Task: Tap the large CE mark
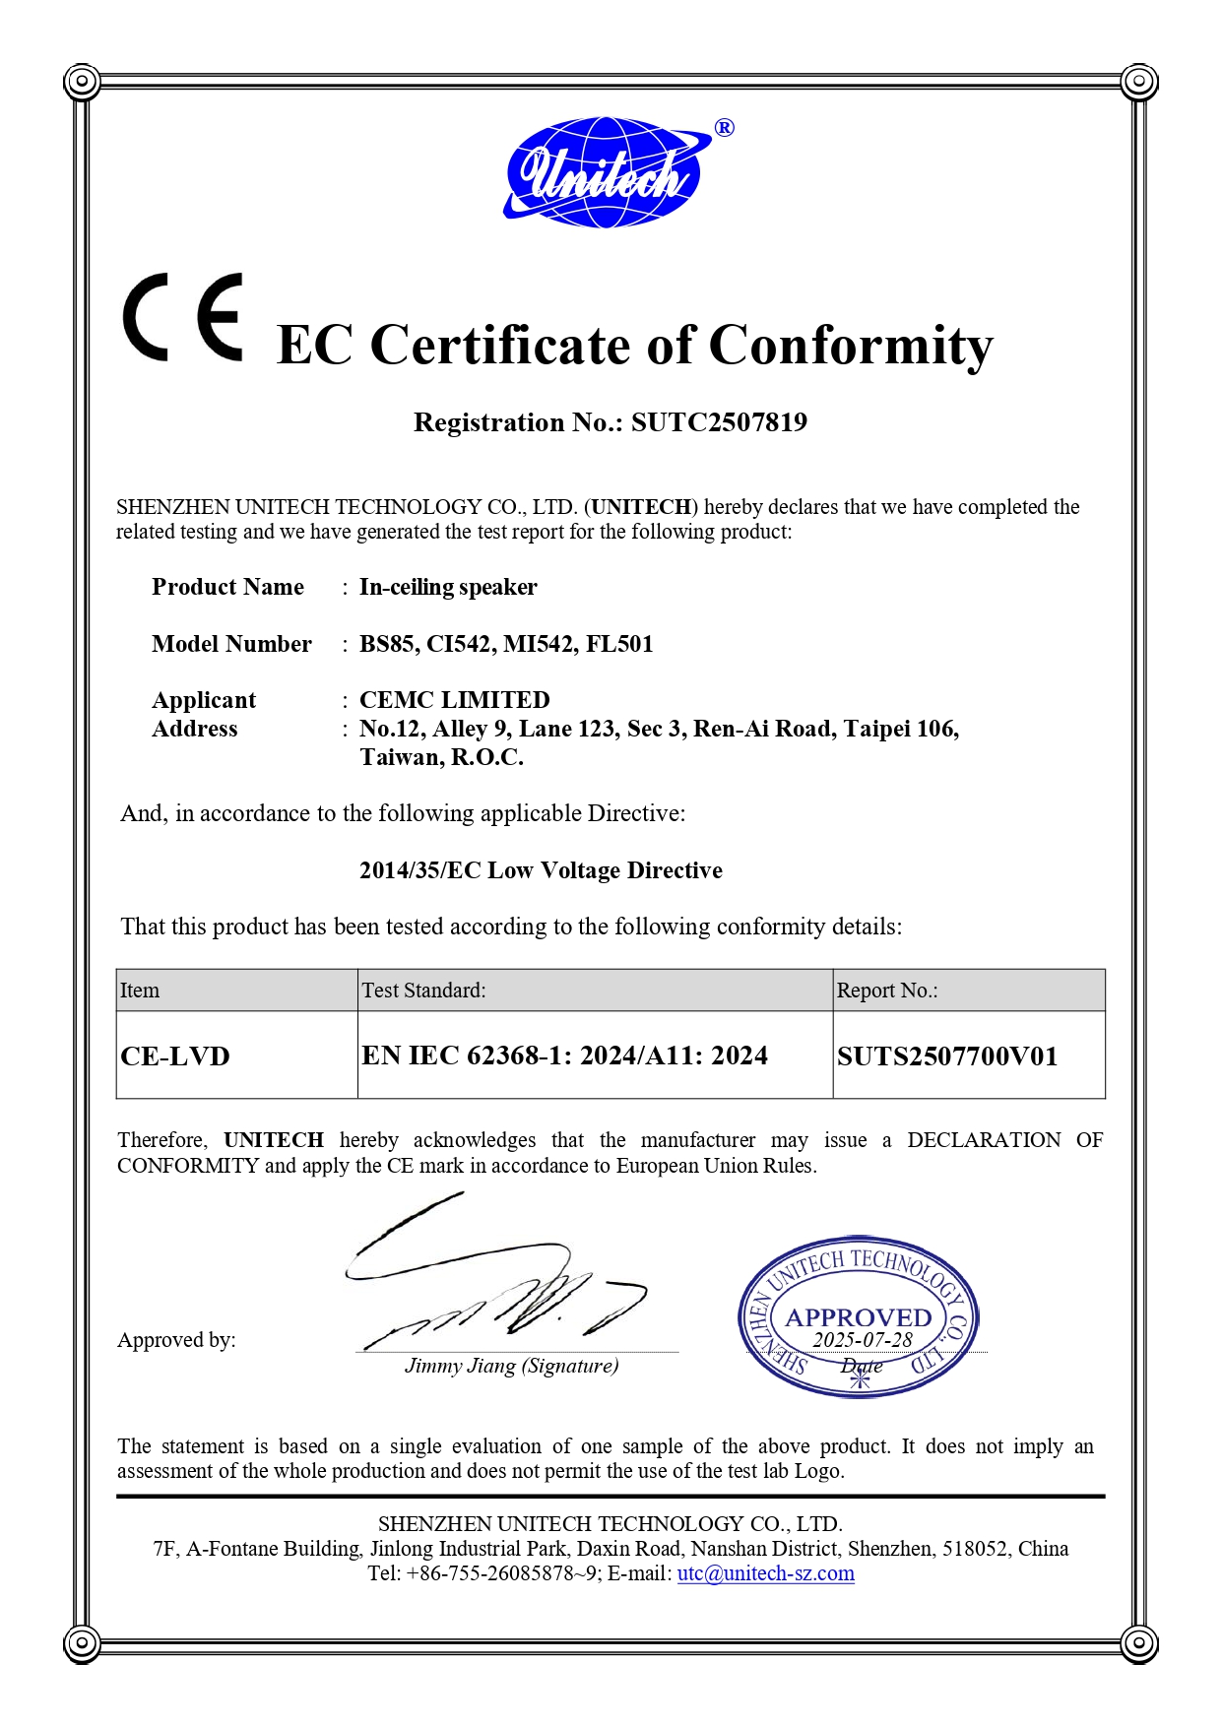tap(183, 317)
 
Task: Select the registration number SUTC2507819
tap(719, 422)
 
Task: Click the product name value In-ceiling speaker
tap(448, 587)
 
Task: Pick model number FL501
tap(619, 644)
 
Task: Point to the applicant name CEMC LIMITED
tap(454, 700)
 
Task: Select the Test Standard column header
tap(423, 991)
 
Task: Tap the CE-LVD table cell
tap(175, 1056)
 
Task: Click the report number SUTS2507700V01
tap(947, 1056)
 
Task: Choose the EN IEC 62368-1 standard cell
tap(564, 1056)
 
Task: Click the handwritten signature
tap(492, 1280)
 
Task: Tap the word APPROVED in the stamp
tap(858, 1317)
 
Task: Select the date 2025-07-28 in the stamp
tap(863, 1340)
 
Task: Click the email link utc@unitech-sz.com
tap(765, 1573)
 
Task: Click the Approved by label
tap(176, 1340)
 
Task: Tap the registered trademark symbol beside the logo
tap(724, 128)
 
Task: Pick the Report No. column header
tap(886, 991)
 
